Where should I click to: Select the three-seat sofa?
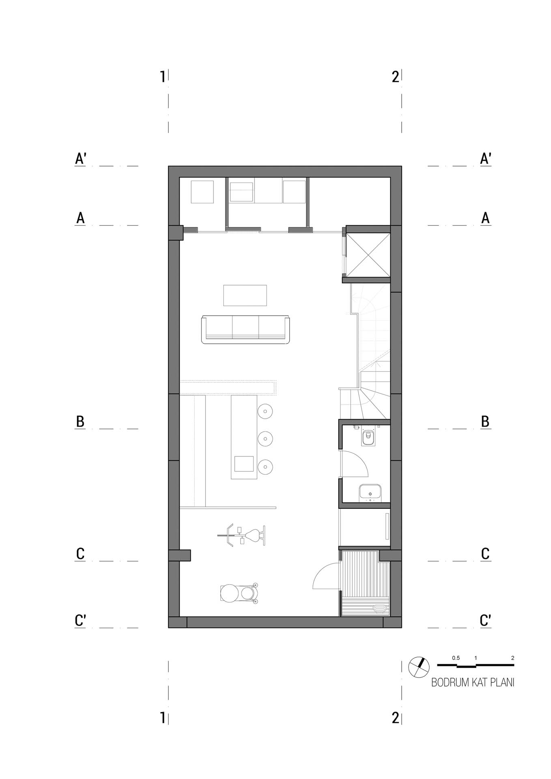tap(246, 329)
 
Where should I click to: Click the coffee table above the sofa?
tap(245, 295)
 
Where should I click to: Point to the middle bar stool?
tap(265, 439)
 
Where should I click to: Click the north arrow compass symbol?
tap(419, 667)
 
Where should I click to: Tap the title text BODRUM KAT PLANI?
tap(473, 682)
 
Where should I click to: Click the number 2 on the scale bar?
tap(513, 658)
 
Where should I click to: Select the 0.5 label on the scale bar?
tap(456, 658)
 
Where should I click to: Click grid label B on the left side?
tap(80, 422)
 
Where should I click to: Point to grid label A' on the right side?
tap(486, 159)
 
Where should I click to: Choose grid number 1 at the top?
tap(163, 76)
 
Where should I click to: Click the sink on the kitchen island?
tap(244, 464)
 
